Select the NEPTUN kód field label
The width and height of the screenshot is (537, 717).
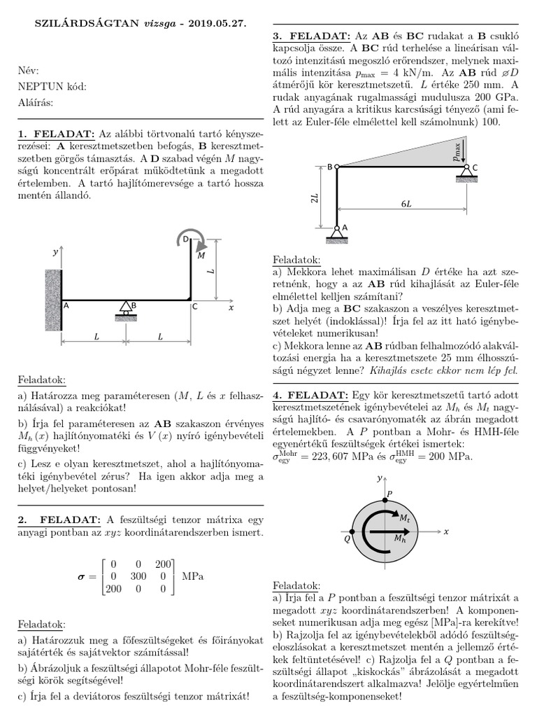pos(52,86)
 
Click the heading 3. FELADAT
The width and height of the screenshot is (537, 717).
pos(311,36)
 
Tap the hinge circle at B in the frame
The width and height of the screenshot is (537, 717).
pos(336,167)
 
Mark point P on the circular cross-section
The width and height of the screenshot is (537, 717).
pos(382,501)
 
